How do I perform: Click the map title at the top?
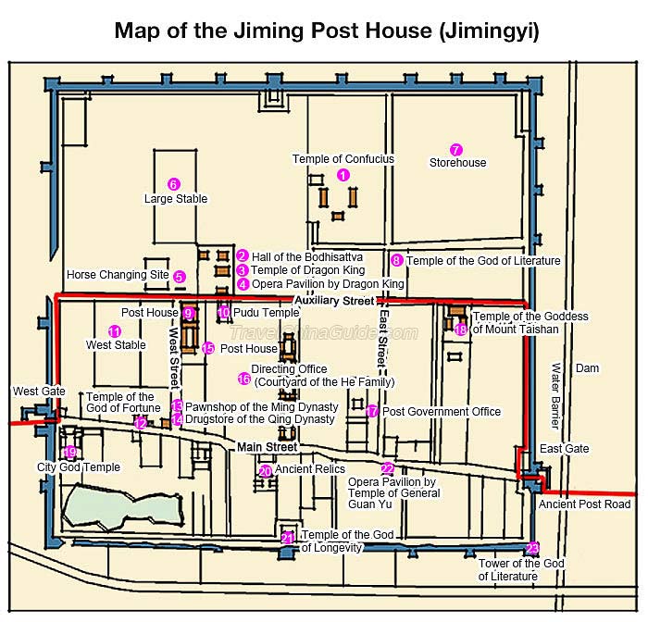point(327,31)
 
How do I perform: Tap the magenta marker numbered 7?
point(455,150)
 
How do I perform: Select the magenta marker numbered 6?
point(174,184)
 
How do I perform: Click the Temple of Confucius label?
point(343,159)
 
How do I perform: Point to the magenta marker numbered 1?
point(343,175)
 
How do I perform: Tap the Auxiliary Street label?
point(335,301)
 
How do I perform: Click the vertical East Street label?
point(383,338)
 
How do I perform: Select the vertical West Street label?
point(175,358)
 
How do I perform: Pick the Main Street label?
point(267,447)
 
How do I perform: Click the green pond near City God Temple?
point(122,507)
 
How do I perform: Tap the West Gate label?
point(39,391)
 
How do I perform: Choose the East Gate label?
point(564,448)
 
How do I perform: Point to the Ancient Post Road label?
point(584,504)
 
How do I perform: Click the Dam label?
point(587,367)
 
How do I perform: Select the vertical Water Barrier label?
point(556,396)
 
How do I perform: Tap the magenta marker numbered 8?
point(397,260)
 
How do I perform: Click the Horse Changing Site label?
point(118,275)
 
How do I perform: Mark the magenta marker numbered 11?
point(115,331)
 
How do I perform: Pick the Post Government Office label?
point(442,412)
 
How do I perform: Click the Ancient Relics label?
point(310,469)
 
